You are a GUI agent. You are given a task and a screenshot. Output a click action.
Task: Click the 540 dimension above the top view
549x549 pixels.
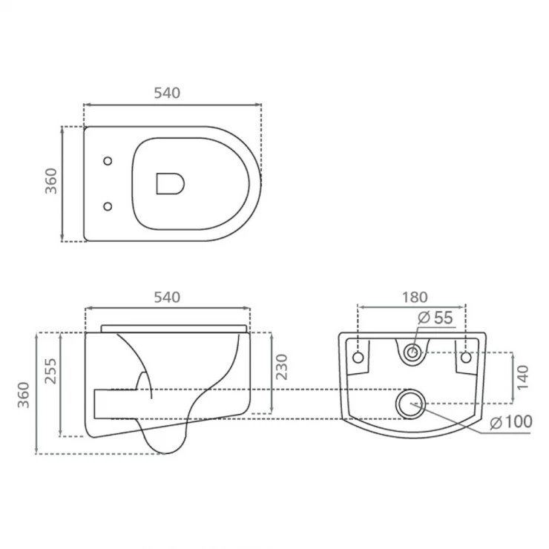[x=167, y=93]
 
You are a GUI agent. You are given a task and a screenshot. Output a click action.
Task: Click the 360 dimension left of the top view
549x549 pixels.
[x=51, y=181]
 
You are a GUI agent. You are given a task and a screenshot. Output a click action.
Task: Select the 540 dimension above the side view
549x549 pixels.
[x=167, y=297]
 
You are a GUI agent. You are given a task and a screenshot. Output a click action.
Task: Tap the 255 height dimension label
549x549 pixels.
[x=50, y=371]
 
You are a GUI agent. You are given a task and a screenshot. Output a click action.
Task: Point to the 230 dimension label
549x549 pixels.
[x=281, y=367]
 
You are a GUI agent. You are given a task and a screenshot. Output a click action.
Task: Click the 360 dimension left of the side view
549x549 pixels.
[x=24, y=395]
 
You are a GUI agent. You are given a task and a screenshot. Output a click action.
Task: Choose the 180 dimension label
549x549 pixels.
[x=415, y=297]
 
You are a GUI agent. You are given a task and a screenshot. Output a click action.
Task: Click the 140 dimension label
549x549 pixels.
[x=522, y=378]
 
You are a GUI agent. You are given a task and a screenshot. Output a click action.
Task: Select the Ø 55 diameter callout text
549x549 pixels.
[x=435, y=318]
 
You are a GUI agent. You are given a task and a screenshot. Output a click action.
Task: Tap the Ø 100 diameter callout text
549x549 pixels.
[x=511, y=421]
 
